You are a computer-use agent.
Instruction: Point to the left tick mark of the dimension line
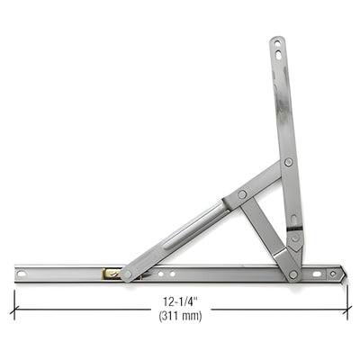tap(13, 307)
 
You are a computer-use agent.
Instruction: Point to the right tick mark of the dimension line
tap(349, 307)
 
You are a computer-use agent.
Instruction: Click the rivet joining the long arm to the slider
tap(127, 274)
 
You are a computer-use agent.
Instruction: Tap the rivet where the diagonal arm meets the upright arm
tap(288, 163)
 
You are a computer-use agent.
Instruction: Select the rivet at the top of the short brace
tap(242, 195)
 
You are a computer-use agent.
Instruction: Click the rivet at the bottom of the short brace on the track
tap(292, 274)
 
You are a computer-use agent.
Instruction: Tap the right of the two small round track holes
tap(173, 271)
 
